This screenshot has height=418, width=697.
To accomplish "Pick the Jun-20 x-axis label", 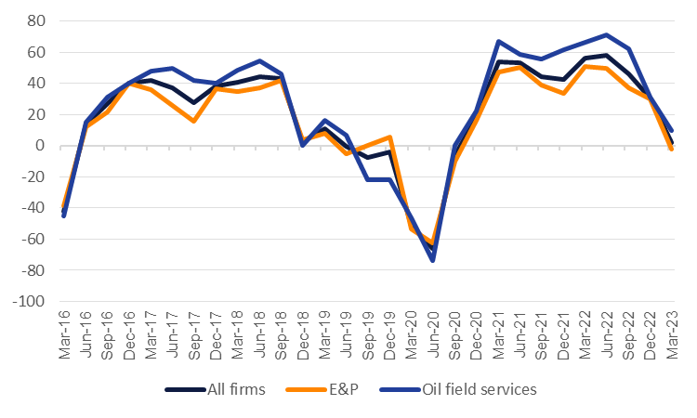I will (x=433, y=330).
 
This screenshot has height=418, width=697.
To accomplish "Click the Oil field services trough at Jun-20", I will (x=433, y=260).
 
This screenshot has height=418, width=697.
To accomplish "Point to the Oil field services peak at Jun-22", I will (x=606, y=34).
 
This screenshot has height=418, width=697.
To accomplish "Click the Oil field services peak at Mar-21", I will (x=499, y=41).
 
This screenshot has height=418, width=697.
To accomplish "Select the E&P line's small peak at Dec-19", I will (x=389, y=137).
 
